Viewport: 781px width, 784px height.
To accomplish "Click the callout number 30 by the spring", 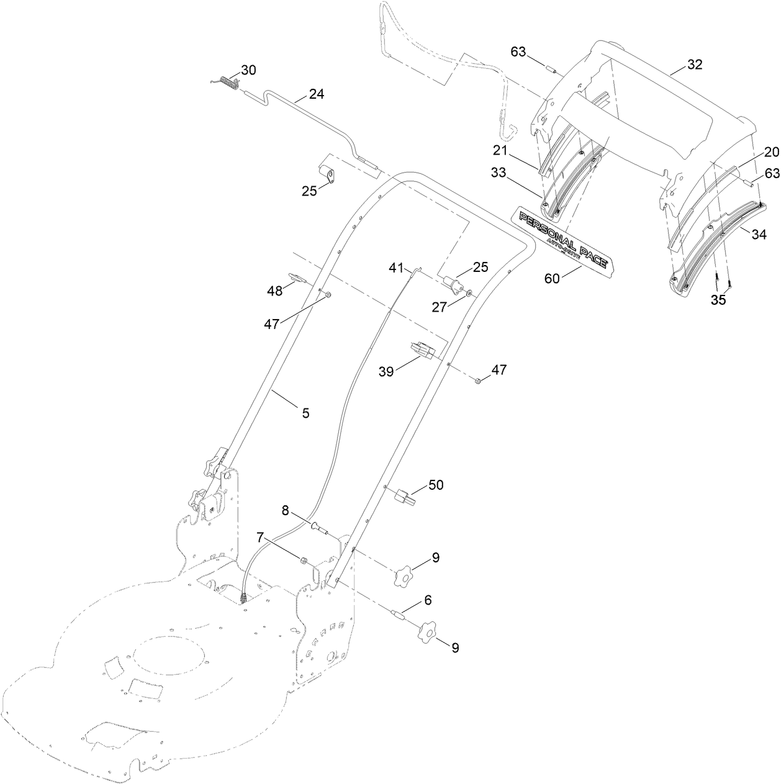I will point(248,70).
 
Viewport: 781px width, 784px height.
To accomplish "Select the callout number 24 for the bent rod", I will point(317,95).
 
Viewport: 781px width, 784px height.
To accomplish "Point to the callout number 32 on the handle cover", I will point(694,65).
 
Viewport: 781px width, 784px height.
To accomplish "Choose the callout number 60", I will point(552,278).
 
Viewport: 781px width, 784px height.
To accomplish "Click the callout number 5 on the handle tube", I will point(305,412).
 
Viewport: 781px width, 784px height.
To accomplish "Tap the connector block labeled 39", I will point(422,351).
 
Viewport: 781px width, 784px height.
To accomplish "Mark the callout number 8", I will point(285,511).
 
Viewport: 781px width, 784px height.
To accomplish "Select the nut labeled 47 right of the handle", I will point(479,380).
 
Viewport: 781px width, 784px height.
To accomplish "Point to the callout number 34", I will point(759,235).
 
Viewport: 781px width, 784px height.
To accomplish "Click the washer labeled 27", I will point(469,292).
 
